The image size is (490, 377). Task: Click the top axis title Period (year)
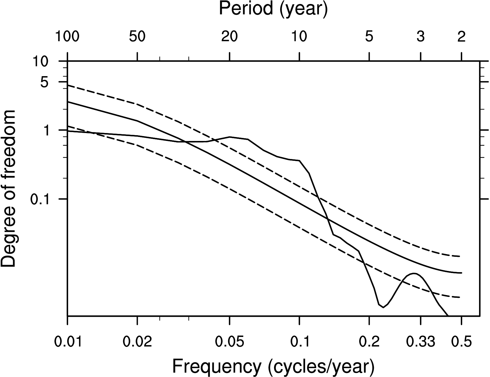[x=273, y=9]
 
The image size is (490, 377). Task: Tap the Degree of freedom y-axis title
[x=8, y=189]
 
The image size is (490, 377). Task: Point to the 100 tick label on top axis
[x=67, y=37]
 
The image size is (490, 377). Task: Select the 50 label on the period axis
[x=137, y=37]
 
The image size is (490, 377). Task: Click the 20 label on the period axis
[x=229, y=37]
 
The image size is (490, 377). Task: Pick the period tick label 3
[x=421, y=37]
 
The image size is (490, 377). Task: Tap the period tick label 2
[x=461, y=37]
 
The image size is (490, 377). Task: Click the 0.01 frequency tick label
[x=67, y=342]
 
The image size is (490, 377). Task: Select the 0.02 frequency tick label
[x=137, y=342]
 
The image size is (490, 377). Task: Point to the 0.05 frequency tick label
[x=229, y=342]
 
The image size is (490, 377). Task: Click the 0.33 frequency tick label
[x=421, y=342]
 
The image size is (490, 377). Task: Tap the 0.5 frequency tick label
[x=461, y=342]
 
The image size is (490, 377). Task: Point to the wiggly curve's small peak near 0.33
[x=414, y=273]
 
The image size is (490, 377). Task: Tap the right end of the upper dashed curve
[x=459, y=256]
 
